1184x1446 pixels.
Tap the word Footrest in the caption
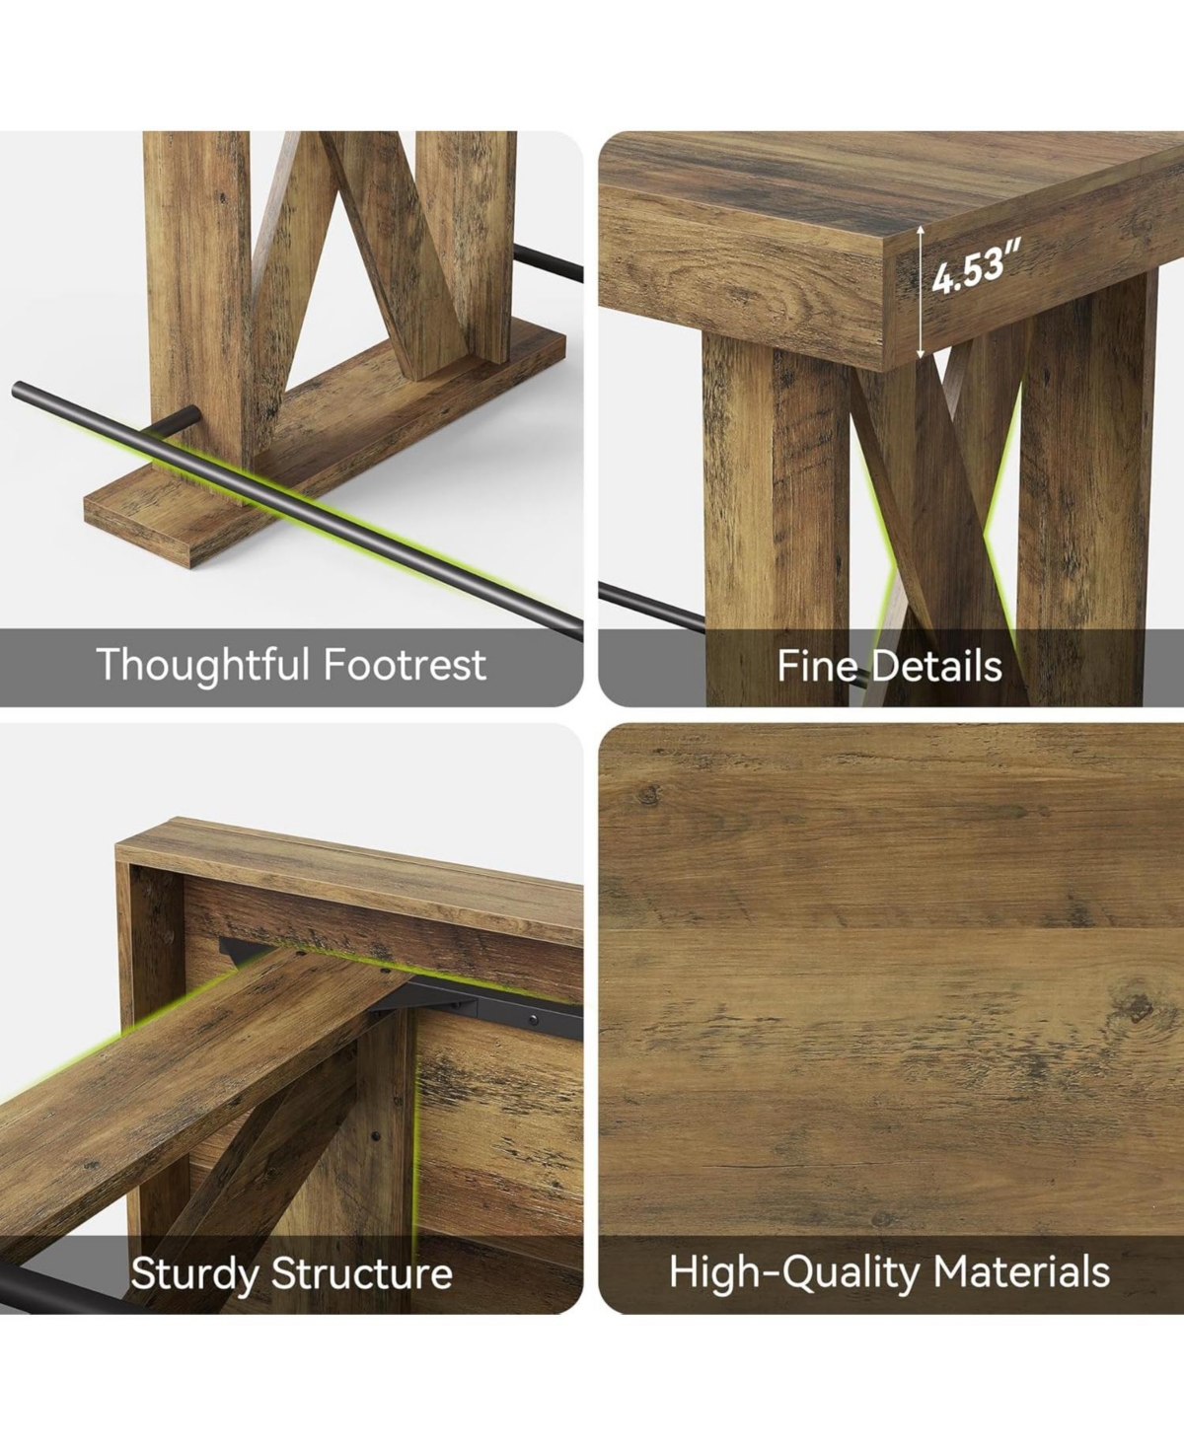[405, 664]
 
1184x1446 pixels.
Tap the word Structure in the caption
[361, 1273]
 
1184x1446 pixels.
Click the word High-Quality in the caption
[793, 1272]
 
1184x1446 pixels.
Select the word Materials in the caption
[1021, 1271]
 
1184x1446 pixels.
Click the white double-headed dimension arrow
[921, 293]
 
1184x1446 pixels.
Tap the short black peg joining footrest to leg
[176, 419]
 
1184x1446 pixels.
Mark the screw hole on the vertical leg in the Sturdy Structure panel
[376, 1137]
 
